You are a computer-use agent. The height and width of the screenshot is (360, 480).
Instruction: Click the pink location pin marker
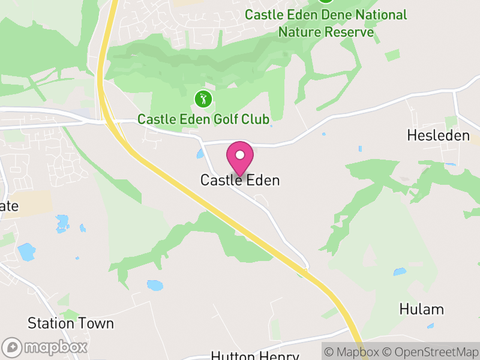(x=240, y=158)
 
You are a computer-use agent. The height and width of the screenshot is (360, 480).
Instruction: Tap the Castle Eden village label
(x=240, y=180)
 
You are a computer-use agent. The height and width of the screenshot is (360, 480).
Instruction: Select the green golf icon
(x=203, y=98)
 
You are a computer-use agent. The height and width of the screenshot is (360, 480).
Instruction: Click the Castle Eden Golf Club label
(x=203, y=119)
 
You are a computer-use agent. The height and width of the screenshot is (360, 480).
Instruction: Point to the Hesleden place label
(x=438, y=136)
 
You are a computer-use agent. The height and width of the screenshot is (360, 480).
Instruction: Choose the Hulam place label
(x=422, y=310)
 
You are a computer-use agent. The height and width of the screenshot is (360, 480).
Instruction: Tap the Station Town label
(x=71, y=323)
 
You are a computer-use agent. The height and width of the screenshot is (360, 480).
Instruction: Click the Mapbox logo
(x=46, y=347)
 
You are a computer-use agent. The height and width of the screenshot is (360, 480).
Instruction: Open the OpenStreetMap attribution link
(x=431, y=352)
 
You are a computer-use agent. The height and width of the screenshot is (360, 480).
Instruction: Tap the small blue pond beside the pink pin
(x=200, y=154)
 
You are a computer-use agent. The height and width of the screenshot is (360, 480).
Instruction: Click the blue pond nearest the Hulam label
(x=400, y=272)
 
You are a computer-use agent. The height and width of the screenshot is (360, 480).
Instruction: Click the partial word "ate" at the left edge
(x=9, y=206)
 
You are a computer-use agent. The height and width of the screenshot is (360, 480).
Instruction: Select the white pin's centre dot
(x=240, y=155)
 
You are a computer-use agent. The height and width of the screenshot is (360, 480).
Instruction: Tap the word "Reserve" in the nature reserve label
(x=351, y=31)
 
